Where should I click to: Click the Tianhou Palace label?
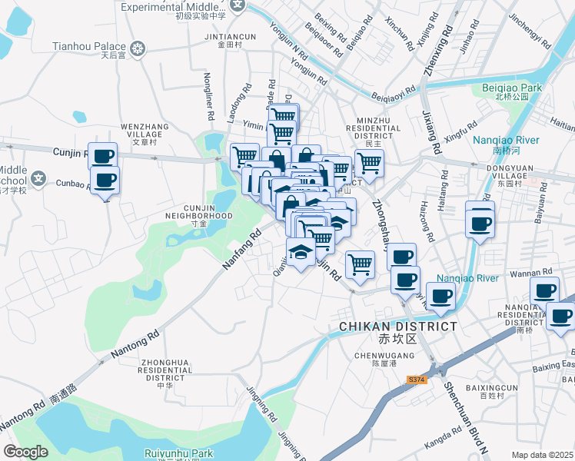pos(89,46)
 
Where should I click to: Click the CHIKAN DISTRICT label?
pos(398,327)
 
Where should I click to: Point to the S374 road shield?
pos(417,380)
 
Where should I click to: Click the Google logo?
pos(25,452)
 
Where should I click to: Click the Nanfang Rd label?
pos(243,247)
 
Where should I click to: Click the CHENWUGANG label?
pos(374,355)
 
